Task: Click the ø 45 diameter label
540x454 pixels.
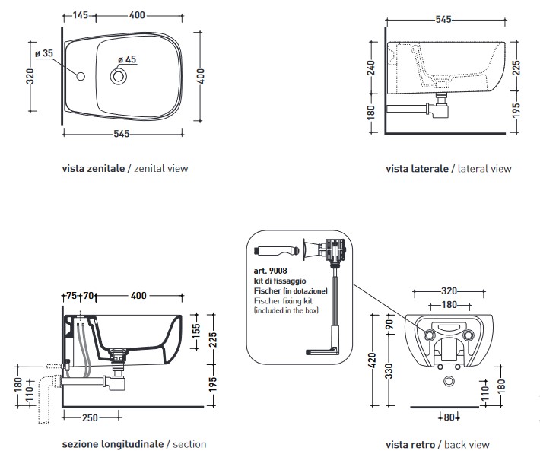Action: coord(126,60)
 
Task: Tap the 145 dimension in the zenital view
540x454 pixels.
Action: coord(81,15)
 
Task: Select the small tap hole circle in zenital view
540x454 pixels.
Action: coord(81,76)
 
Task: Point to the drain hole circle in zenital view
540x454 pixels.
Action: coord(119,76)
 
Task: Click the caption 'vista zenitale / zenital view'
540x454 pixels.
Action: coord(125,168)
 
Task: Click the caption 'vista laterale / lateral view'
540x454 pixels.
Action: coord(449,169)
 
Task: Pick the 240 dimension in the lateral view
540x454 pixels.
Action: coord(372,70)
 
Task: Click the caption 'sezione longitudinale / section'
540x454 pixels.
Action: coord(135,444)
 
